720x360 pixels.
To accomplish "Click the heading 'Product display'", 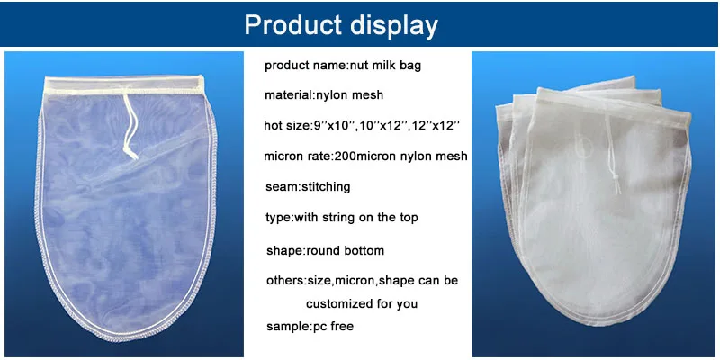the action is click(x=341, y=24).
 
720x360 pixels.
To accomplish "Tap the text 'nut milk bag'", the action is click(x=386, y=65).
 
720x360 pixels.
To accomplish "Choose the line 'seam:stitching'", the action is click(x=308, y=187).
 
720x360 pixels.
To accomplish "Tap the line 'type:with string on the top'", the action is click(x=342, y=217).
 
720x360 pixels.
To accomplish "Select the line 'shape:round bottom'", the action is click(x=325, y=251).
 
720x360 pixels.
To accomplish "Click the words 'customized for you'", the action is click(x=362, y=304).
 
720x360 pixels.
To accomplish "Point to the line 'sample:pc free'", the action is click(x=310, y=327).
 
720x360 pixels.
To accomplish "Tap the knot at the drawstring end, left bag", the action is click(x=130, y=154).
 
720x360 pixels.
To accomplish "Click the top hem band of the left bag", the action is click(x=124, y=85).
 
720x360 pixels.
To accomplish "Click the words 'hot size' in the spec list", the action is click(x=283, y=125).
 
